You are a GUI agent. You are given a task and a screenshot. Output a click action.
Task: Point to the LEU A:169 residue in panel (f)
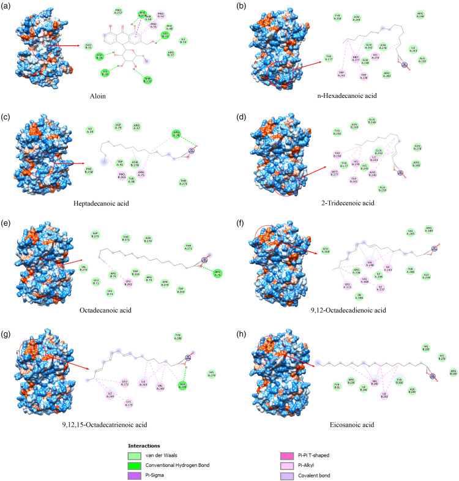click(x=326, y=249)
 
